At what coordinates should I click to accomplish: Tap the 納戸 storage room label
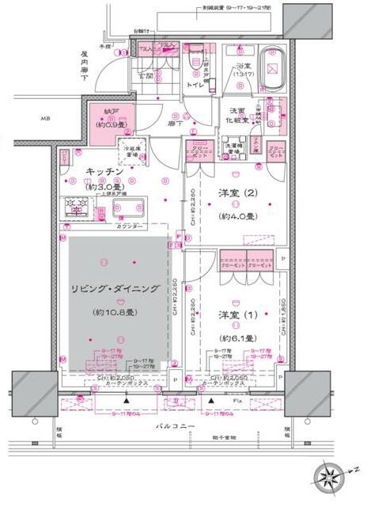(x=100, y=114)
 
